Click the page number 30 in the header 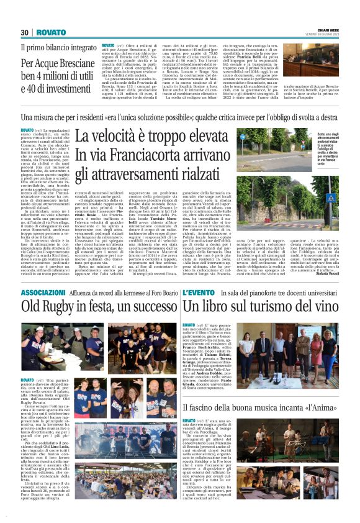(25, 32)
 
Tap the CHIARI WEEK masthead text (324, 30)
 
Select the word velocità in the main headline (134, 136)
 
